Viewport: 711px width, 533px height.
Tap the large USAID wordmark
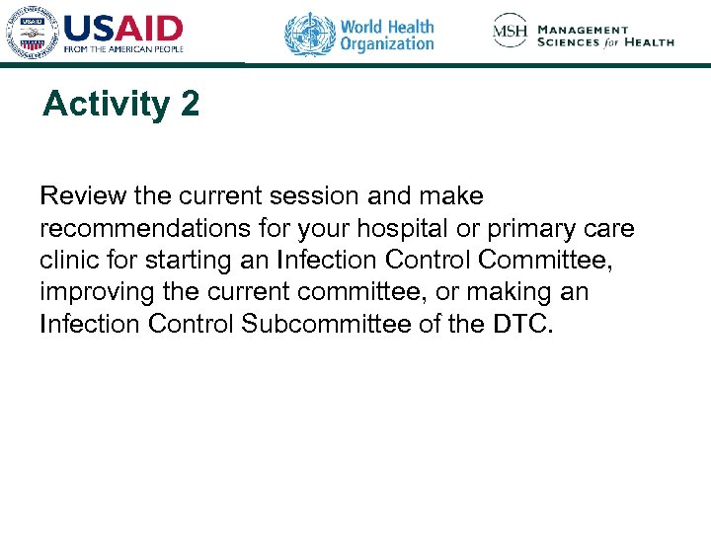[x=123, y=28]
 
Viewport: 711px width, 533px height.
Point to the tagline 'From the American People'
[x=123, y=49]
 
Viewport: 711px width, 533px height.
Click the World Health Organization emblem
[x=310, y=35]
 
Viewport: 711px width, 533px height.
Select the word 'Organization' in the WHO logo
[x=387, y=43]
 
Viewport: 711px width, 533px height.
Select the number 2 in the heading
[x=190, y=105]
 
